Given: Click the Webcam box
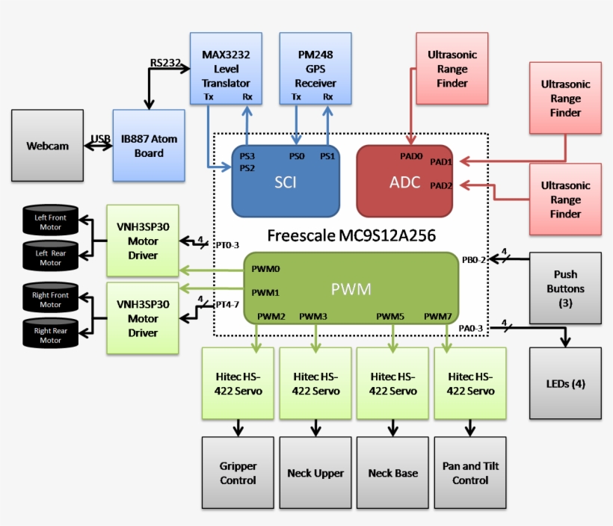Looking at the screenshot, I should [x=47, y=146].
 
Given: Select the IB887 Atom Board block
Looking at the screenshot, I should [x=148, y=146].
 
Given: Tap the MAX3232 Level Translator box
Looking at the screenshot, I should [x=226, y=68].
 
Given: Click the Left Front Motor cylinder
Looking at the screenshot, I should [x=51, y=222].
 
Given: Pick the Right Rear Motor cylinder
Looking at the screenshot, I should [x=51, y=335].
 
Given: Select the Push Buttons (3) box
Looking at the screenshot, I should [x=565, y=288].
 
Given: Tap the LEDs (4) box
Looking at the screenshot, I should [x=565, y=383].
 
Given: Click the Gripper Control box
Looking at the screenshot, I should [x=238, y=473].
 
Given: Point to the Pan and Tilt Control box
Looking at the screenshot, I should [x=470, y=473].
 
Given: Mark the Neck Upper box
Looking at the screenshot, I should [x=315, y=473].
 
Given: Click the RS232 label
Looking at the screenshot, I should [x=165, y=63].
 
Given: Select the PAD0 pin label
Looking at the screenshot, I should [x=412, y=156].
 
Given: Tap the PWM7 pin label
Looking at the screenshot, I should [x=437, y=317].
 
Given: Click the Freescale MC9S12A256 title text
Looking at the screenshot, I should [x=352, y=236].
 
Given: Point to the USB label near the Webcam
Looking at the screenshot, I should [x=101, y=139].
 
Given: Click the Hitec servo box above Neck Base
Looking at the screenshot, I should [x=393, y=383].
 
